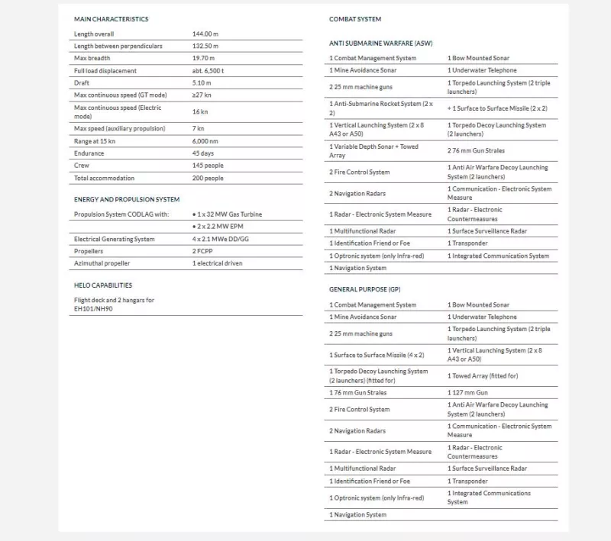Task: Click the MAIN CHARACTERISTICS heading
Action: pyautogui.click(x=111, y=19)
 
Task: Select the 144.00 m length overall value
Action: pyautogui.click(x=205, y=34)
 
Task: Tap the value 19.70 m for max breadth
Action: pyautogui.click(x=203, y=59)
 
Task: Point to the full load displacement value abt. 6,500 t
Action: pyautogui.click(x=208, y=71)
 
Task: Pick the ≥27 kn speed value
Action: pyautogui.click(x=202, y=95)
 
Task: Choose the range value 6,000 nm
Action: pyautogui.click(x=205, y=141)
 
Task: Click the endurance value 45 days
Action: pyautogui.click(x=203, y=153)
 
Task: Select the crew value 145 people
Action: pyautogui.click(x=208, y=166)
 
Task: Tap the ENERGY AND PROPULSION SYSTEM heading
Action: pyautogui.click(x=126, y=199)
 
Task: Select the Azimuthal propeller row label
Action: pyautogui.click(x=102, y=263)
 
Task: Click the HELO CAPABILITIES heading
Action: pyautogui.click(x=103, y=285)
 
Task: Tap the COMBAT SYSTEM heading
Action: pyautogui.click(x=355, y=19)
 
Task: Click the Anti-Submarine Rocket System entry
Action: pyautogui.click(x=381, y=108)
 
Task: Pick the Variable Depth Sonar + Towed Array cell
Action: pyautogui.click(x=373, y=151)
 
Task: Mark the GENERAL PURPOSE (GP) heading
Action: pyautogui.click(x=364, y=290)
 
